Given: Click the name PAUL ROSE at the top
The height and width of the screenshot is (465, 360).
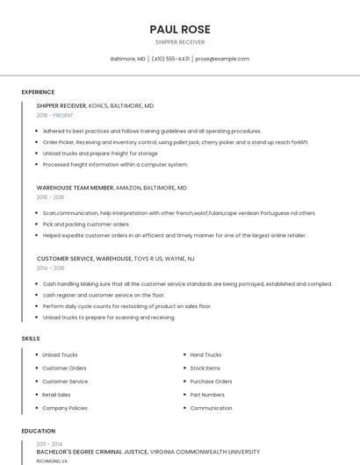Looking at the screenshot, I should (180, 29).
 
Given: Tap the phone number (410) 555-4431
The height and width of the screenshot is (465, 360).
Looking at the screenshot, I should (170, 59).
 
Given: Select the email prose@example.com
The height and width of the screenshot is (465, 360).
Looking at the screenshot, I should (222, 59).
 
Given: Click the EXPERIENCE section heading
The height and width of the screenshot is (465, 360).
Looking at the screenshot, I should (38, 92).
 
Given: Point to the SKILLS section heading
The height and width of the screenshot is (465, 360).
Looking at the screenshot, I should (31, 338).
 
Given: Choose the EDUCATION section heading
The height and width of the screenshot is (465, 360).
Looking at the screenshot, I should (39, 431).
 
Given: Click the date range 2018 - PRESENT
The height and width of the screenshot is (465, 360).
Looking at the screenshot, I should (55, 115).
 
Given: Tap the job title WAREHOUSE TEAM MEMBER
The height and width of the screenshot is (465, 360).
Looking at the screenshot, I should (75, 187).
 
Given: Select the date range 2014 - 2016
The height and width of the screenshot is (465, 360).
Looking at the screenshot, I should (50, 268).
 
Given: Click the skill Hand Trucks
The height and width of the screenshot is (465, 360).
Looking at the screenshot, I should (205, 354).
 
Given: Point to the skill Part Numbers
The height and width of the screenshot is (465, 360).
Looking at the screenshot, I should (207, 395).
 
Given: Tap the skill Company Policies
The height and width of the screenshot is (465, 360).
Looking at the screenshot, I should (65, 408).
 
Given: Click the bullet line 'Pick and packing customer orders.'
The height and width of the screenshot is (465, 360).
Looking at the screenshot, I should (86, 224).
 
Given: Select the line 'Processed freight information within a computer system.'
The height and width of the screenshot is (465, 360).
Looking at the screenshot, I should (115, 164).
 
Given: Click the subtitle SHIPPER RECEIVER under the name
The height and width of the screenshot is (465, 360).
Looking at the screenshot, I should (180, 41).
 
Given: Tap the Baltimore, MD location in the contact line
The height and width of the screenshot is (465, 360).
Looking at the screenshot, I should (128, 59).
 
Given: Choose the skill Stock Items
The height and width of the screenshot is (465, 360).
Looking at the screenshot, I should (205, 368).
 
